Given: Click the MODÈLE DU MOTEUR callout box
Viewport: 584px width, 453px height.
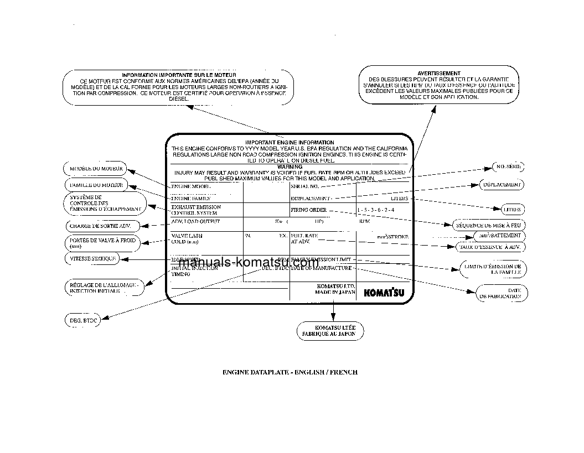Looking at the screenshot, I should coord(95,168).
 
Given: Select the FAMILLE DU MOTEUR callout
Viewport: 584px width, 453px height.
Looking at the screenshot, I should coord(95,185).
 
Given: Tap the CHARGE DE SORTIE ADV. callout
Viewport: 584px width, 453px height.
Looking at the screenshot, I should coord(100,226).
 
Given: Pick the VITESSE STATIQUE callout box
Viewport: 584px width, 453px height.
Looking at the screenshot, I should coord(92,258).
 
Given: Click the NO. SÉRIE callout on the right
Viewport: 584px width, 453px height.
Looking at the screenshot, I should coord(508,166).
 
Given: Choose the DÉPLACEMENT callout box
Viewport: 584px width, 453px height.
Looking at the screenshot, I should coord(500,184).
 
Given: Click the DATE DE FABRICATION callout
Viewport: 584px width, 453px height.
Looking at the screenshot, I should coord(500,293).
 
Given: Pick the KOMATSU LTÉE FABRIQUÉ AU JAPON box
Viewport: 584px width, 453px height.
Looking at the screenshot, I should coord(331,331).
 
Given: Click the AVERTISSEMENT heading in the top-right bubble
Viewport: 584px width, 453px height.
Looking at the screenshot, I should coord(438,73).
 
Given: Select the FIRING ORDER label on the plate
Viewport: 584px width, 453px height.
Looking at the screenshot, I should coord(309,210).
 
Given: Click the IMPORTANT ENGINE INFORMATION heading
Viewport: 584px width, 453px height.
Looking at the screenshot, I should coord(290,143).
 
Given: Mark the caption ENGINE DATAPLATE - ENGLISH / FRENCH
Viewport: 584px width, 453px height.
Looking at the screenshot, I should coord(290,372).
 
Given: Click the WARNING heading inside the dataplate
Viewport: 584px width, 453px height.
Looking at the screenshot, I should coord(290,166).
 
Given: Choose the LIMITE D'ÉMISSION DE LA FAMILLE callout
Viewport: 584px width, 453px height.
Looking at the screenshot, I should coord(493,269).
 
